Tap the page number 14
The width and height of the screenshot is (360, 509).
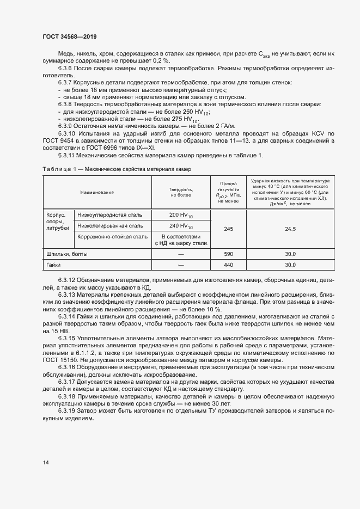pos(46,462)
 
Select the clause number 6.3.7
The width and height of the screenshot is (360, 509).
pos(65,82)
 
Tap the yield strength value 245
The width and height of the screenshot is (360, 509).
pos(228,229)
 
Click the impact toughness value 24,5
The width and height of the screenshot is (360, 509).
pos(290,229)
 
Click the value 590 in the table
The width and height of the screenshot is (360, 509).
pos(228,254)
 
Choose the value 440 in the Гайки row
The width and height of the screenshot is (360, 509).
pos(228,265)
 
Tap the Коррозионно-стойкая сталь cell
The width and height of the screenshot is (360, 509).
pos(112,237)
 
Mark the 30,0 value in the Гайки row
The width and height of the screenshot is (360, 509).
pos(290,265)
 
